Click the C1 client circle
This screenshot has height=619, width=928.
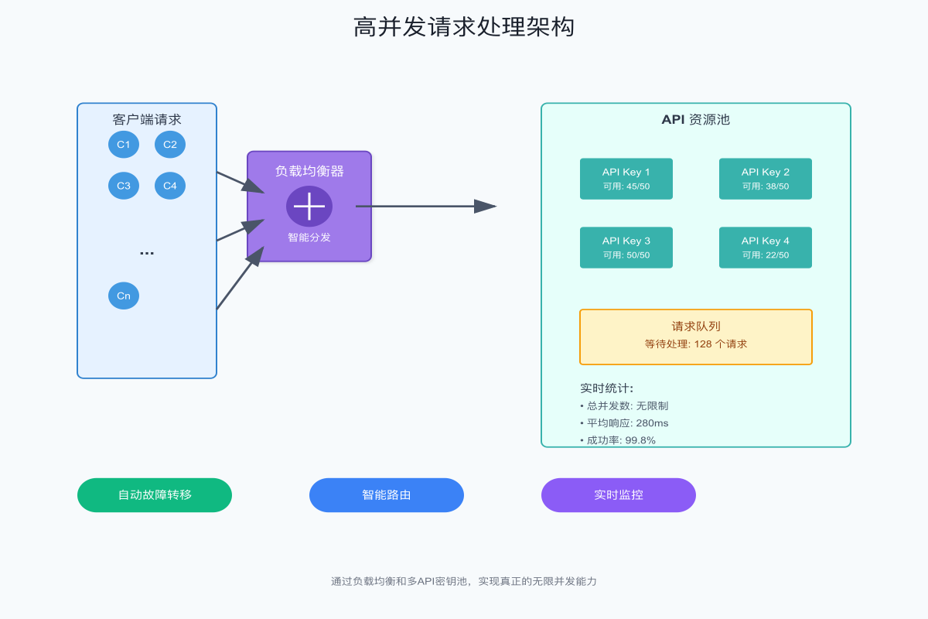pyautogui.click(x=124, y=145)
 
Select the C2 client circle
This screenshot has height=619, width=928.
pyautogui.click(x=170, y=145)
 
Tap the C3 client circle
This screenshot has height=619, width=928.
pyautogui.click(x=124, y=186)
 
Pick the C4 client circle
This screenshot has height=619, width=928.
pyautogui.click(x=170, y=186)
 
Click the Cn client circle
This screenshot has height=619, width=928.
pyautogui.click(x=124, y=296)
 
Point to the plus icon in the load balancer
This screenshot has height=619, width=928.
pyautogui.click(x=309, y=207)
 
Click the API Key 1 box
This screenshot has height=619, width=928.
pyautogui.click(x=626, y=179)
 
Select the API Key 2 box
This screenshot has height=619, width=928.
pyautogui.click(x=766, y=179)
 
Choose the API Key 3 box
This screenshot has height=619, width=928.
pyautogui.click(x=626, y=248)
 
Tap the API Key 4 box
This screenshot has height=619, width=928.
pyautogui.click(x=766, y=248)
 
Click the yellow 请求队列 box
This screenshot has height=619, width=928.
pyautogui.click(x=696, y=337)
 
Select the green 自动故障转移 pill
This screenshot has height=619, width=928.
pyautogui.click(x=155, y=495)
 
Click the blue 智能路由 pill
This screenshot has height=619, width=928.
pyautogui.click(x=387, y=495)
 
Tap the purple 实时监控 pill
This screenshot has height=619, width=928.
pyautogui.click(x=619, y=495)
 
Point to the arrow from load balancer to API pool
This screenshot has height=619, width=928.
pyautogui.click(x=425, y=207)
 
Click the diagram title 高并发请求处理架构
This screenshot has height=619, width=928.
pyautogui.click(x=464, y=27)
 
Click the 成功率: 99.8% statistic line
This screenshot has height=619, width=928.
pyautogui.click(x=618, y=440)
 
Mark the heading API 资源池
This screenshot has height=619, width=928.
pyautogui.click(x=696, y=120)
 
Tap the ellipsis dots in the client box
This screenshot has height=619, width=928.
pyautogui.click(x=147, y=252)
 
